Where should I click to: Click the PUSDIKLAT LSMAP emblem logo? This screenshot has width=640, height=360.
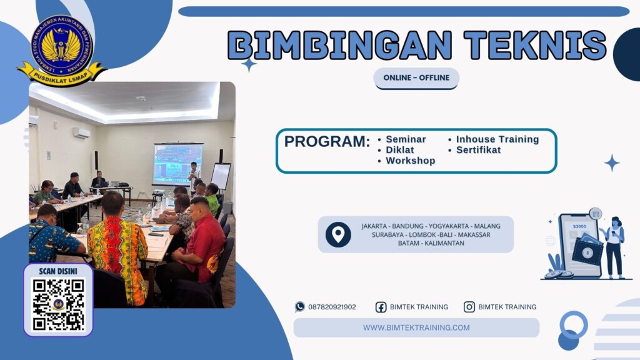[x=61, y=50]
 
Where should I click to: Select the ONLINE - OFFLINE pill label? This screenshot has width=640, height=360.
[x=416, y=78]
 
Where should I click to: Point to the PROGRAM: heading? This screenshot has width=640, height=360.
[x=327, y=142]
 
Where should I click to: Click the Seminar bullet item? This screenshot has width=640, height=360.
[x=406, y=139]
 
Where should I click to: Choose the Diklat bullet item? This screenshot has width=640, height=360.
[x=399, y=150]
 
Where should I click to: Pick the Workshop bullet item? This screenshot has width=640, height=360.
[x=410, y=161]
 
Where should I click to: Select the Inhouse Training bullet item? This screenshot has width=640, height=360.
[x=497, y=139]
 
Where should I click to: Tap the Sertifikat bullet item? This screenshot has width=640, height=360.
[x=478, y=150]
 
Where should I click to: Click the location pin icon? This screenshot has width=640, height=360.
[x=338, y=234]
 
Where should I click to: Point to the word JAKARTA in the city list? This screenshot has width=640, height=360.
[x=377, y=226]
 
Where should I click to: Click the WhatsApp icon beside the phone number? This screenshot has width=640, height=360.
[x=300, y=307]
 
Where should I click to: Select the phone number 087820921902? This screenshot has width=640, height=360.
[x=332, y=307]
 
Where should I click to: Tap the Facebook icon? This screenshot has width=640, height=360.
[x=381, y=307]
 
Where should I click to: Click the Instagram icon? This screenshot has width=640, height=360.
[x=469, y=307]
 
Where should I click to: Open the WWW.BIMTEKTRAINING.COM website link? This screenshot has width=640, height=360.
[x=416, y=327]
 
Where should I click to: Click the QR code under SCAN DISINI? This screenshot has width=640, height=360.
[x=58, y=304]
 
